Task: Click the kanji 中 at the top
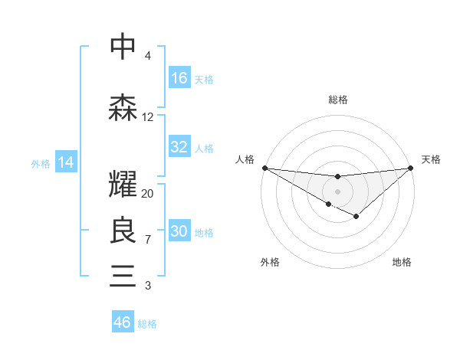point(123,47)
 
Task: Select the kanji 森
point(123,108)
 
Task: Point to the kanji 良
point(123,231)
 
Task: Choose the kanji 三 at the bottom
point(123,275)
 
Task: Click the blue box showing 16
point(179,77)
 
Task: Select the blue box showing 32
point(179,147)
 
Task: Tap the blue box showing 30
point(179,231)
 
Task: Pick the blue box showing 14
point(66,162)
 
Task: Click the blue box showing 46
point(123,322)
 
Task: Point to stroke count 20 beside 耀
point(148,193)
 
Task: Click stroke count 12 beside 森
point(148,117)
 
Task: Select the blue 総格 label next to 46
point(147,324)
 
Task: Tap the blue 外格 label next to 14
point(41,163)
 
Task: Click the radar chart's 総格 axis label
point(337,100)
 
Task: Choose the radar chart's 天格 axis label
point(431,159)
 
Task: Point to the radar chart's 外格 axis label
point(270,262)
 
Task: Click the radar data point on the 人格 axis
point(264,167)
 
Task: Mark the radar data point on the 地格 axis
point(356,217)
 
